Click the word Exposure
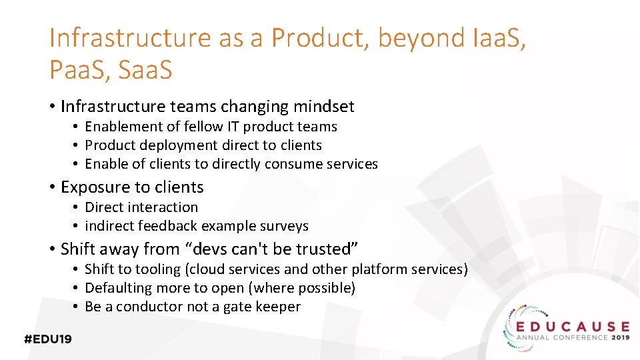(92, 187)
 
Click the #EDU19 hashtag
(48, 339)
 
